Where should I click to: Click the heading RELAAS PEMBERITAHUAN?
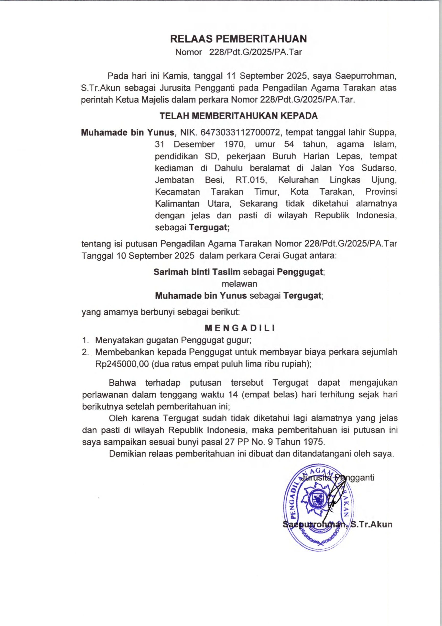238,39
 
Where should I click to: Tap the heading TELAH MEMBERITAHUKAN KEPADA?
238,116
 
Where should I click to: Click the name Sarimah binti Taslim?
197,272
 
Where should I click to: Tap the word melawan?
239,284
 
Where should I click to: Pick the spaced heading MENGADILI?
239,328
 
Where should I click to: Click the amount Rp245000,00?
122,364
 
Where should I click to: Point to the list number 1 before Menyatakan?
85,340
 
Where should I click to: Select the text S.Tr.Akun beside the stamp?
371,524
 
